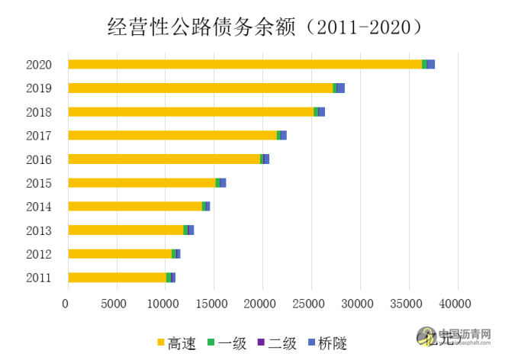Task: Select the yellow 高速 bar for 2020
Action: [244, 64]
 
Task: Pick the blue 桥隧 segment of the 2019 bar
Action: [341, 88]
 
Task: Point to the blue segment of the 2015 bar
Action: [223, 183]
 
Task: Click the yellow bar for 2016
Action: [164, 159]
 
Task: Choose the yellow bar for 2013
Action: [126, 230]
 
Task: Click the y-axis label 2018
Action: [38, 112]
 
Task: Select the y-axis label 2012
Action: [38, 254]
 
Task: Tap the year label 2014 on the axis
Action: [38, 207]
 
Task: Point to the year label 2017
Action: [38, 136]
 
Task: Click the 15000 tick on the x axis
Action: [214, 304]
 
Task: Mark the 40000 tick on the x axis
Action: [458, 304]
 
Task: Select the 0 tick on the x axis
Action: [68, 304]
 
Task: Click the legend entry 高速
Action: [175, 343]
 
